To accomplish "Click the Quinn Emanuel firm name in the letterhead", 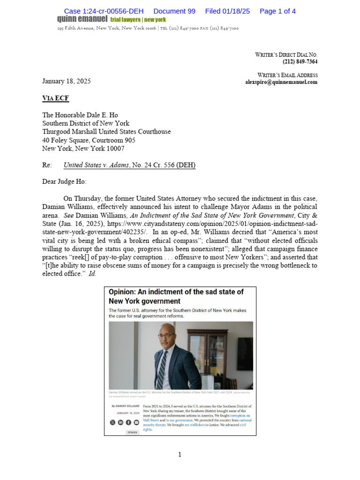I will pos(82,19).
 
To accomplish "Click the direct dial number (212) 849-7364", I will pos(300,62).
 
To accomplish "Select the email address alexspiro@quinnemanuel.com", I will pos(281,82).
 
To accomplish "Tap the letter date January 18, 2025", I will pos(67,81).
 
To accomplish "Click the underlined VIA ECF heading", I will pos(55,98).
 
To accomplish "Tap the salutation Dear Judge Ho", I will pos(64,181).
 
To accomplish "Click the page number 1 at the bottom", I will pos(180,454).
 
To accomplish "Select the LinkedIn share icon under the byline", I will pos(120,422).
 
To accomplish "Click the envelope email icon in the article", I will pos(136,422).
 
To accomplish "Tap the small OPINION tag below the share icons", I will pos(132,432).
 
